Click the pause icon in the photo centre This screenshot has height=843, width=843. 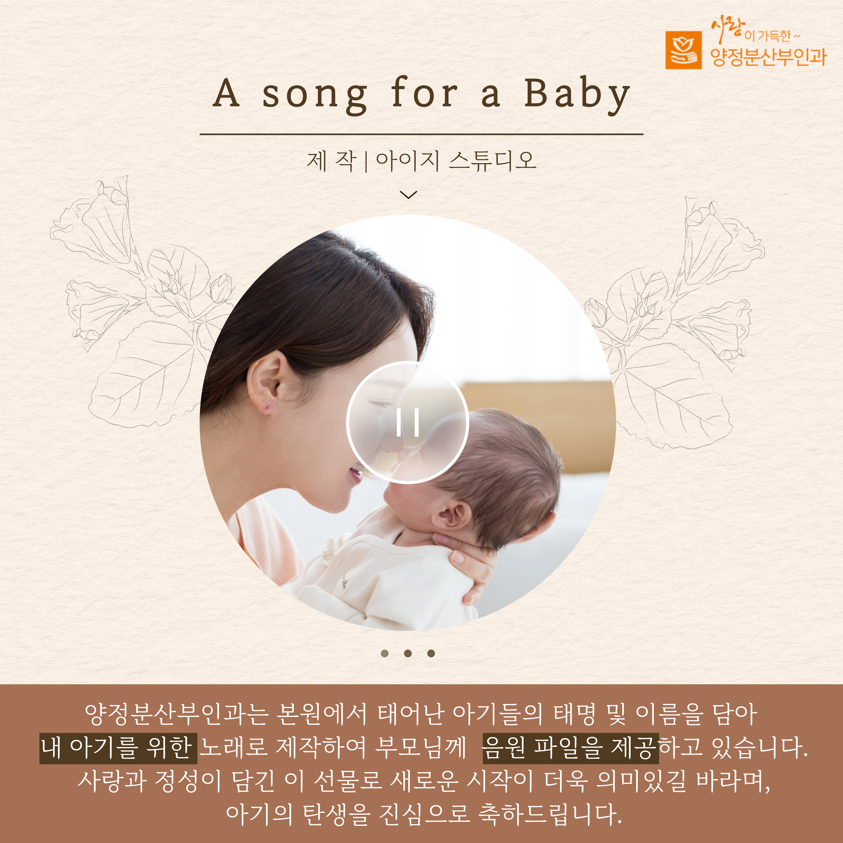point(408,422)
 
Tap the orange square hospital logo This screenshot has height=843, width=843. point(683,50)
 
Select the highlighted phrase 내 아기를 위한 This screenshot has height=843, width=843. point(118,749)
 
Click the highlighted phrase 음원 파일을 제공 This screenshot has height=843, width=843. point(570,749)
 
